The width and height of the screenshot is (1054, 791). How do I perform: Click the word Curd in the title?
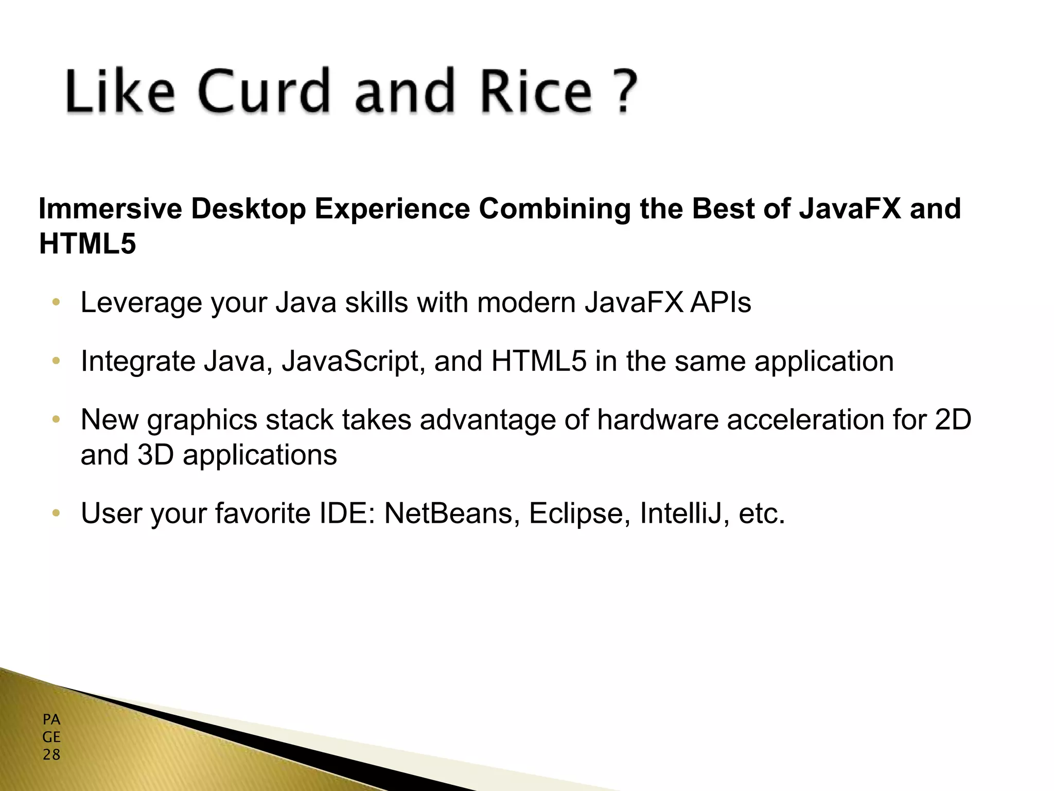pyautogui.click(x=263, y=91)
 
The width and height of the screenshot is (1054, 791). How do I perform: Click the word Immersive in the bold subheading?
pyautogui.click(x=110, y=209)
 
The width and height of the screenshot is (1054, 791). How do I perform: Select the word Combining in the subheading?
pyautogui.click(x=554, y=210)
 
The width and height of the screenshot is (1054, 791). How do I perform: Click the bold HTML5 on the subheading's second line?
pyautogui.click(x=87, y=244)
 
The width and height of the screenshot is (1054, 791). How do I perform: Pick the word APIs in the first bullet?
pyautogui.click(x=721, y=302)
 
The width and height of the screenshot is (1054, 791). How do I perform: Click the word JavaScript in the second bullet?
pyautogui.click(x=353, y=362)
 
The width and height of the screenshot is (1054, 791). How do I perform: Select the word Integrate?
pyautogui.click(x=138, y=362)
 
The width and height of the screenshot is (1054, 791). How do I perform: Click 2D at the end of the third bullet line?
pyautogui.click(x=953, y=420)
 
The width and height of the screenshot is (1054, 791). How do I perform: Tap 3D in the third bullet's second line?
pyautogui.click(x=155, y=455)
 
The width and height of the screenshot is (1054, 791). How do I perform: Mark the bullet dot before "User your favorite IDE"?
pyautogui.click(x=56, y=513)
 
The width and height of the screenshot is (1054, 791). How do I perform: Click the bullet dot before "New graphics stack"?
pyautogui.click(x=56, y=420)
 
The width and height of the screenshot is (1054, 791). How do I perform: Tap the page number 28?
pyautogui.click(x=51, y=755)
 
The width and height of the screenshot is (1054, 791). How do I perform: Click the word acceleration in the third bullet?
pyautogui.click(x=806, y=420)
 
